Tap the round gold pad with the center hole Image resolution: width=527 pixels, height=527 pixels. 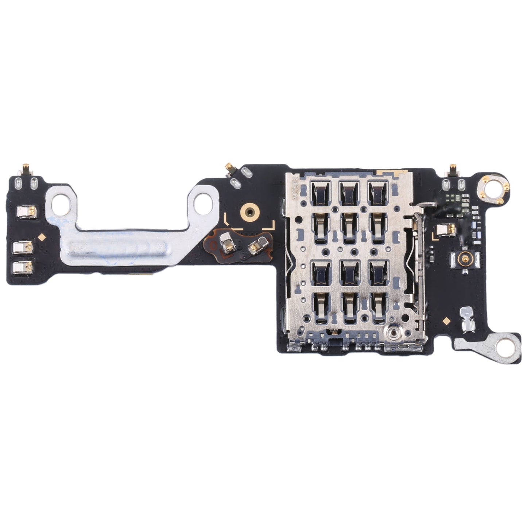[x=249, y=211]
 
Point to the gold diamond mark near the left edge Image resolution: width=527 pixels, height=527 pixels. [x=42, y=237]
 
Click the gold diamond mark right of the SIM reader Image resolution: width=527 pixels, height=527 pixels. [x=446, y=321]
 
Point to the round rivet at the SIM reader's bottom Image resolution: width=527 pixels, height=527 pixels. [x=393, y=332]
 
